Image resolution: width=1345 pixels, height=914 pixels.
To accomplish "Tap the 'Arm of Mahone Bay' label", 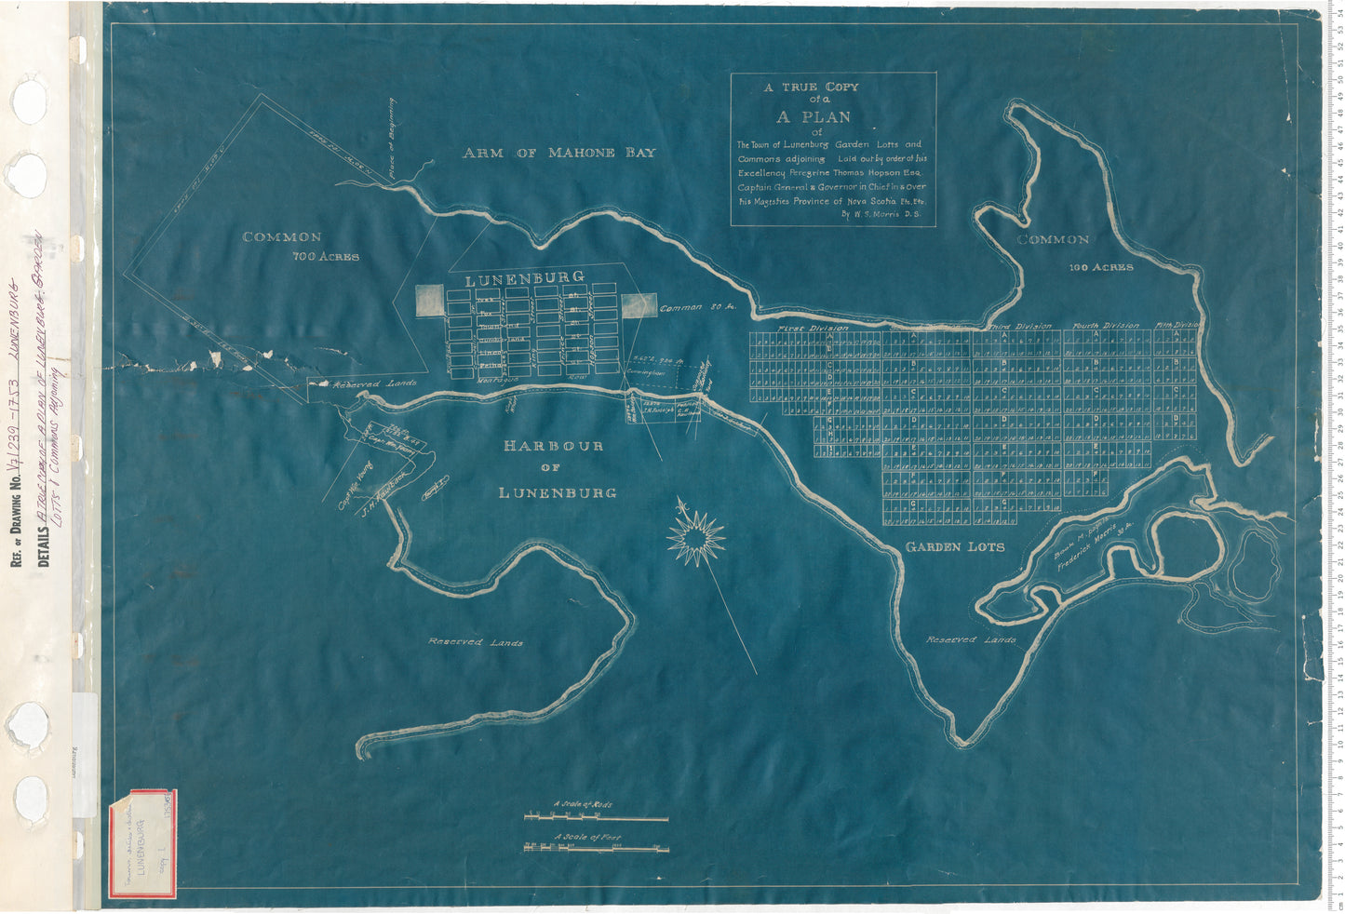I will [x=558, y=153].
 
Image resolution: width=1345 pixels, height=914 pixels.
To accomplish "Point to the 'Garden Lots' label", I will [x=955, y=547].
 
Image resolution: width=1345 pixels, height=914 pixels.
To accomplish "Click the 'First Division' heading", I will [x=814, y=328].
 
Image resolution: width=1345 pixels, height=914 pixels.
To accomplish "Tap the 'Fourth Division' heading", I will [x=1105, y=326].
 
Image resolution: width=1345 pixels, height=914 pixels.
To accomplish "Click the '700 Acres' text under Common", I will [x=325, y=256].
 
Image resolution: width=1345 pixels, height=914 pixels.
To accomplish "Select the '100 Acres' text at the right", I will [x=1101, y=267].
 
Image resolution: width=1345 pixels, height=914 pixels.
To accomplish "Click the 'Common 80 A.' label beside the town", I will [x=697, y=307].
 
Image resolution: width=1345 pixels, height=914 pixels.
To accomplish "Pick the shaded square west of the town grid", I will [x=429, y=301].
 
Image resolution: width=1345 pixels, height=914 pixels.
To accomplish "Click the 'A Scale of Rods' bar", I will [x=597, y=818].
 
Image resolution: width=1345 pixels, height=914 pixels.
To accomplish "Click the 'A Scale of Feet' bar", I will [x=597, y=847].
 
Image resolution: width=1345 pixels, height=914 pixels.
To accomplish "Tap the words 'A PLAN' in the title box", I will [x=814, y=117].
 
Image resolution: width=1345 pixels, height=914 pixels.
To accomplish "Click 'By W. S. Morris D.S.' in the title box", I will [x=881, y=214].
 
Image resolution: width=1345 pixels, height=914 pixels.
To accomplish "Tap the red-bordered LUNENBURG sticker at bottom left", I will [x=142, y=845].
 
